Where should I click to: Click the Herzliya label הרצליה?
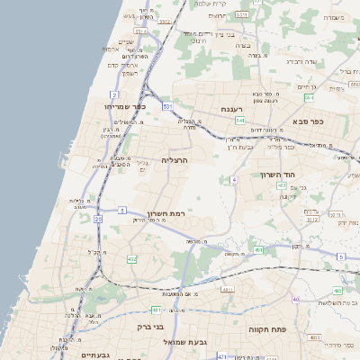tap(174, 159)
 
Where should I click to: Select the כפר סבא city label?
tap(308, 120)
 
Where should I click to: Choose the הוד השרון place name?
tap(277, 175)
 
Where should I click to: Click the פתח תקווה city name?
tap(267, 329)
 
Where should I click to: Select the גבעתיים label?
tap(89, 355)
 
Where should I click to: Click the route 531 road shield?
tap(167, 107)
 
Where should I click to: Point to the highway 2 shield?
tap(114, 94)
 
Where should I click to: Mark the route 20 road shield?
tap(97, 219)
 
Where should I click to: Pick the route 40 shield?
tap(294, 299)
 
